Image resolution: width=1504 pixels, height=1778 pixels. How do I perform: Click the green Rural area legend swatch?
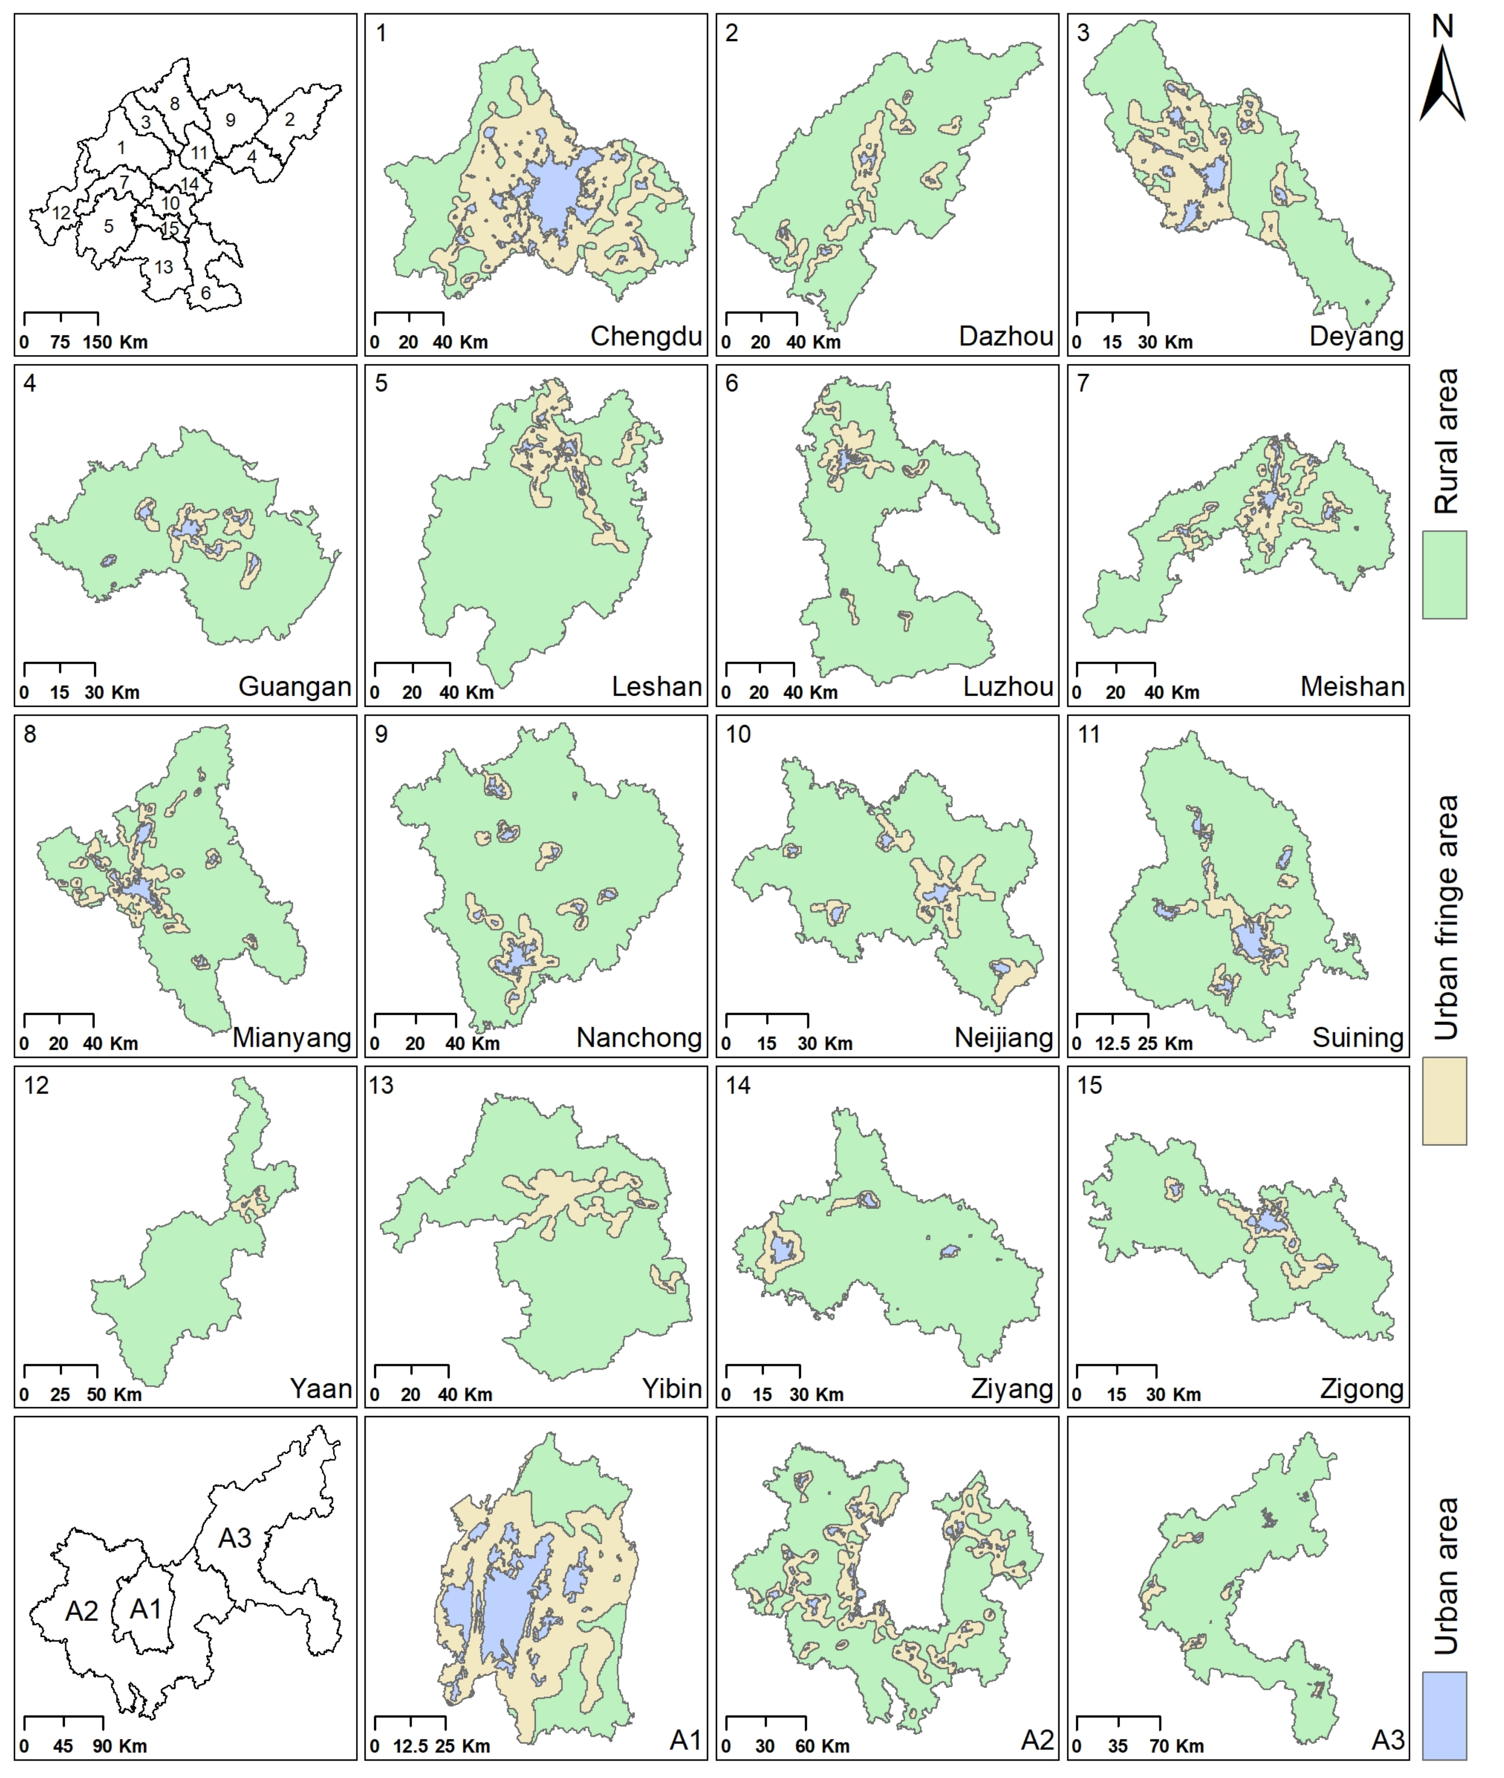(1444, 575)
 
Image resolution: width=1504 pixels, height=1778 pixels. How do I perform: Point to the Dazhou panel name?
(1006, 336)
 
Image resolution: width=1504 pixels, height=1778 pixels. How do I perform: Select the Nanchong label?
(639, 1038)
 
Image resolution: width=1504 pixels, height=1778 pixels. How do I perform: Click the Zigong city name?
(1361, 1389)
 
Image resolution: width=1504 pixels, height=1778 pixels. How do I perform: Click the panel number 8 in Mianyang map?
(30, 734)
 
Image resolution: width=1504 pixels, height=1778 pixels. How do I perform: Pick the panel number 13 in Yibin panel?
(381, 1086)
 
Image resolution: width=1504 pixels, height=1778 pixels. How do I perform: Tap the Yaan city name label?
(321, 1389)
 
